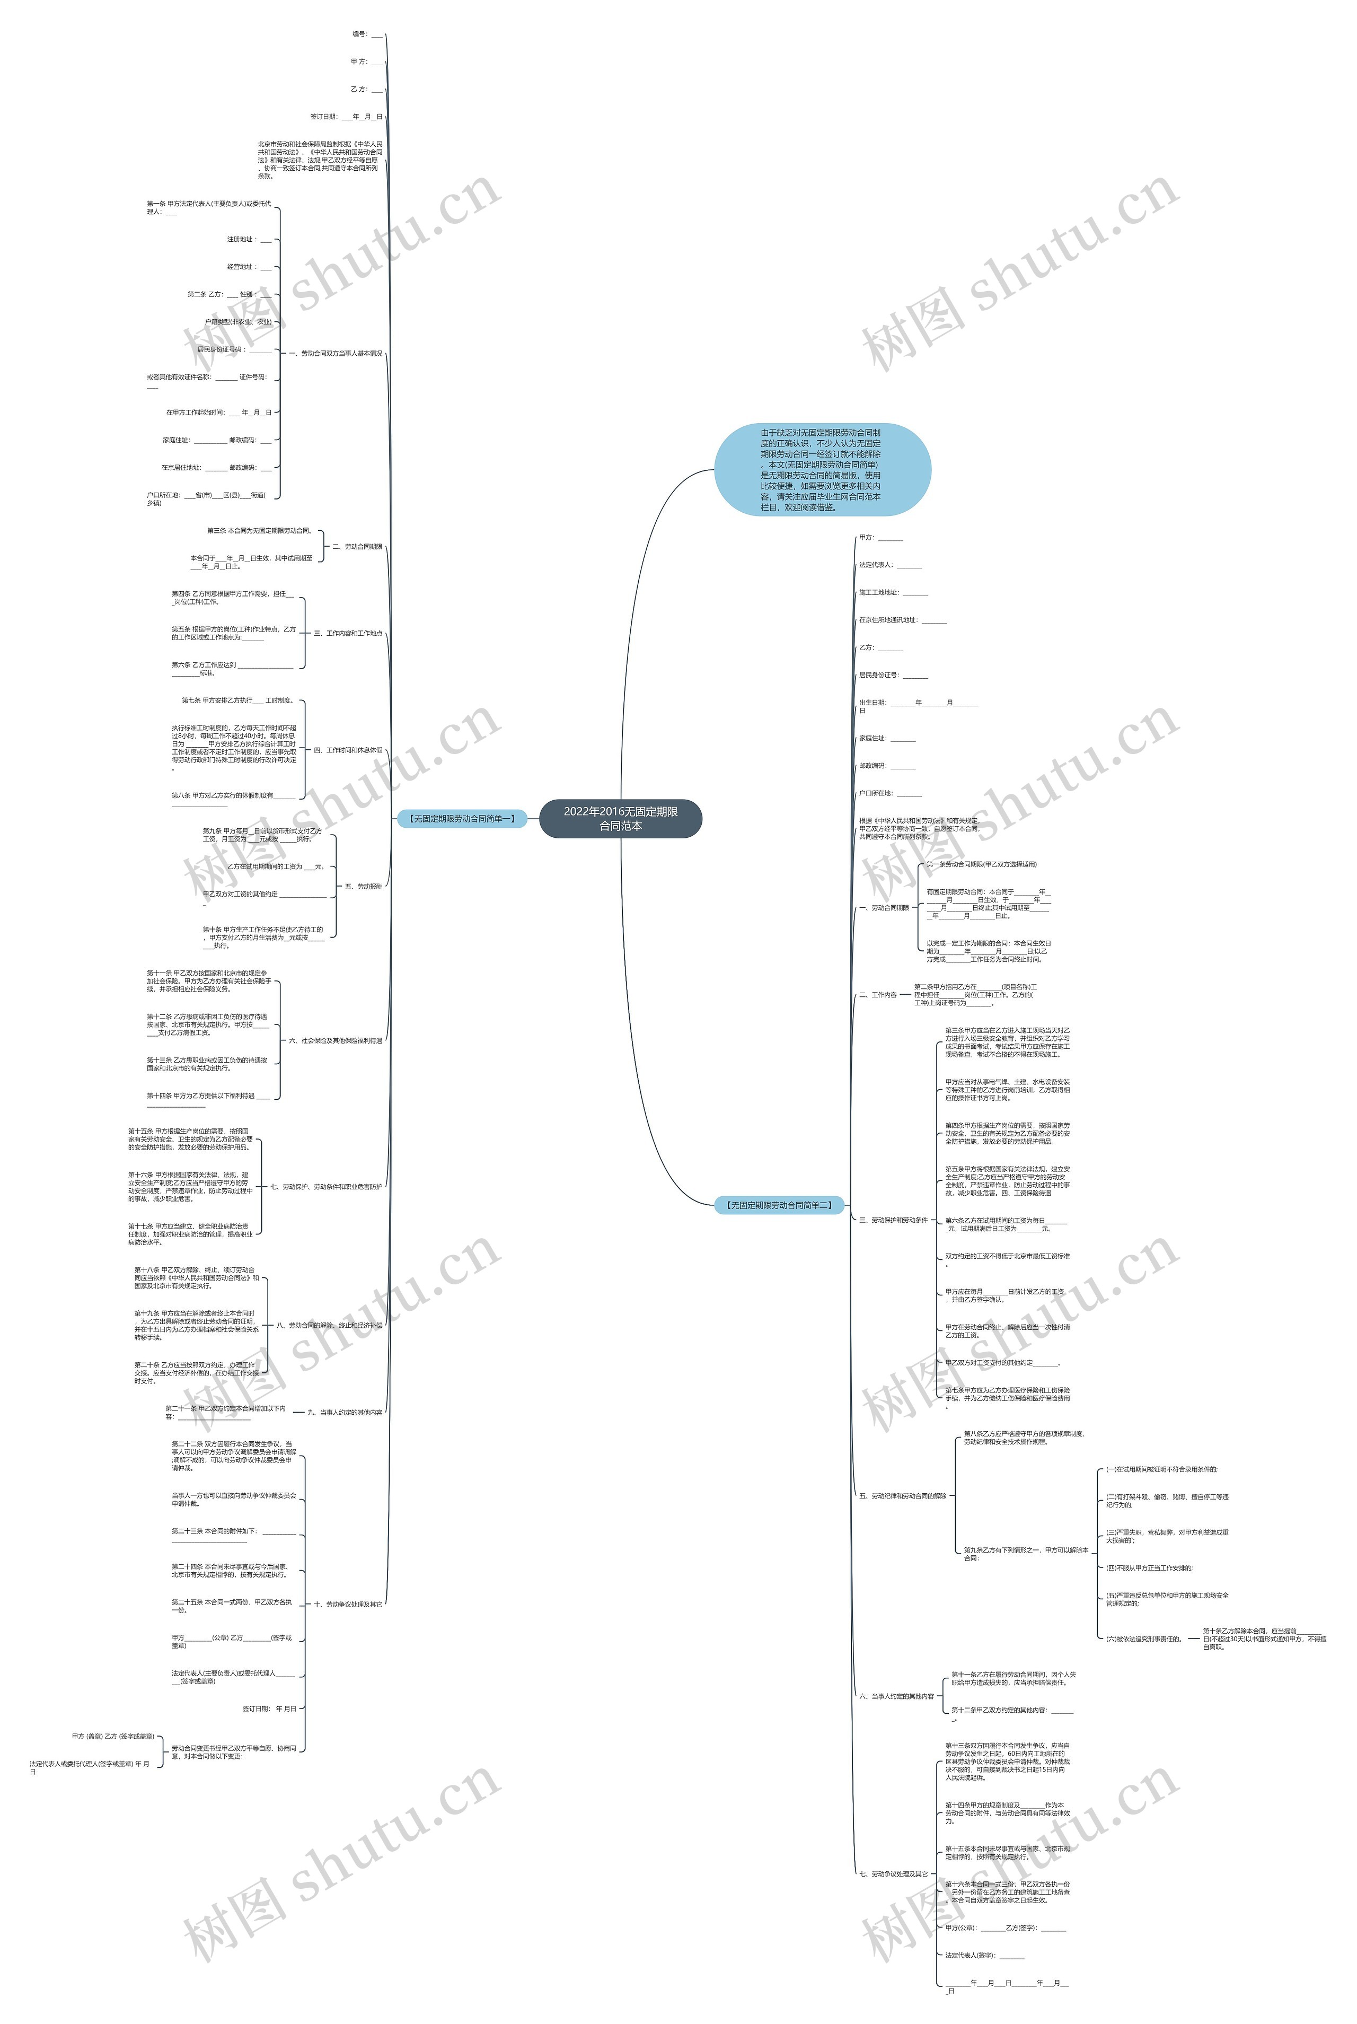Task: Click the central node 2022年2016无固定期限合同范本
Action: [621, 818]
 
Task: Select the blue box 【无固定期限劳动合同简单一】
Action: [461, 818]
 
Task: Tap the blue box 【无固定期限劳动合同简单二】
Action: [779, 1204]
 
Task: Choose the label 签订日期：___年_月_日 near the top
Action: [346, 117]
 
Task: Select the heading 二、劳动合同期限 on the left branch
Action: [357, 547]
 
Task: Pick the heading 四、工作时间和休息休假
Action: [348, 750]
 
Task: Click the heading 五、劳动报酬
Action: [364, 887]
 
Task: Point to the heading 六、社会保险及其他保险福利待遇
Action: [336, 1040]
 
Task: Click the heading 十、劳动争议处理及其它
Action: [348, 1604]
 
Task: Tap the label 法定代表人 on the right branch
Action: [889, 565]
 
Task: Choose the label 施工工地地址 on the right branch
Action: [893, 593]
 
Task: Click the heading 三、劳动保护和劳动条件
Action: [893, 1220]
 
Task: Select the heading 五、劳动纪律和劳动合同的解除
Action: [903, 1496]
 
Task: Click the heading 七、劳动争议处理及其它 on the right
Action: [893, 1874]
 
